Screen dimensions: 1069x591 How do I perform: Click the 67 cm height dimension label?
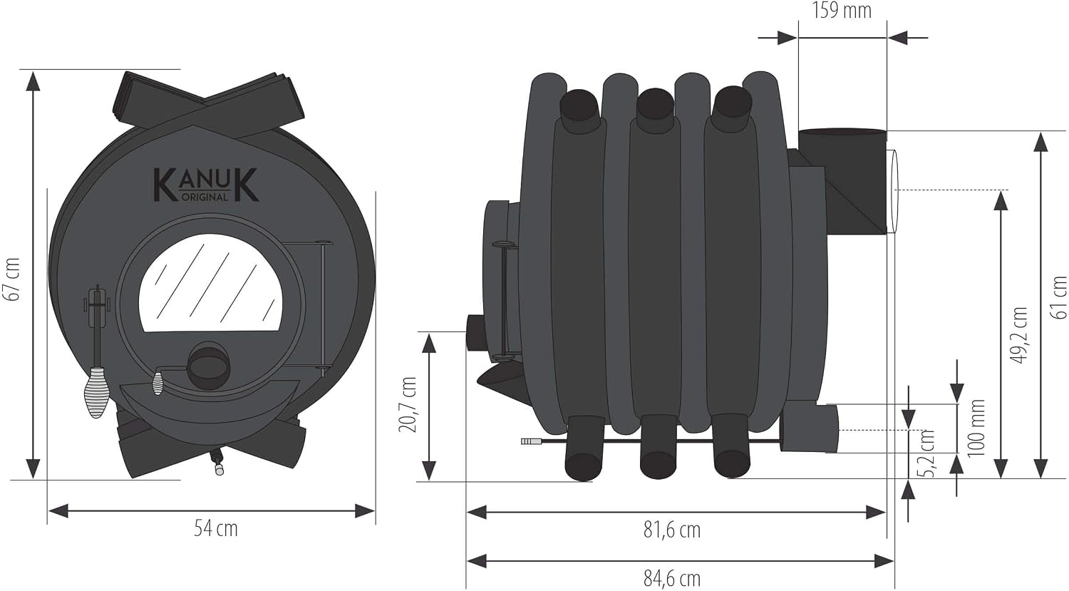point(12,279)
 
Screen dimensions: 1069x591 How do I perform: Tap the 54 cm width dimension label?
point(216,529)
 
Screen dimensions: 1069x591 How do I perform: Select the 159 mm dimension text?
point(842,11)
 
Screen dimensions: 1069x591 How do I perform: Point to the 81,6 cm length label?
point(672,530)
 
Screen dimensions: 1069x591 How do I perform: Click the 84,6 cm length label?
point(672,579)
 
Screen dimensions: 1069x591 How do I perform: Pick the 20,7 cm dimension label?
point(408,405)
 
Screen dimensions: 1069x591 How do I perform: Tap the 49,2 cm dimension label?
point(1019,336)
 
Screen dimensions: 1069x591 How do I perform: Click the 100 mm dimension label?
point(977,428)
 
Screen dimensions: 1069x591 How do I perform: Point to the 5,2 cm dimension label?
point(927,453)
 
